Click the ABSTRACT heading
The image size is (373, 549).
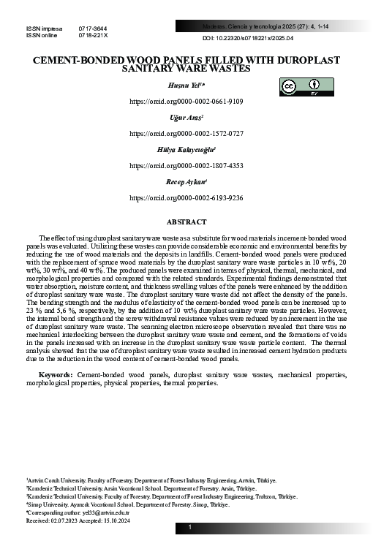point(186,221)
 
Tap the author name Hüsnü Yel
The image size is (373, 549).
point(186,86)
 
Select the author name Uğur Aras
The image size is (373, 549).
point(186,117)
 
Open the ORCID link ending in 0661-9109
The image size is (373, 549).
point(186,102)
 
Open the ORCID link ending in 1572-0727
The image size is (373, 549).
point(186,133)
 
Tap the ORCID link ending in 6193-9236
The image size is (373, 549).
point(186,197)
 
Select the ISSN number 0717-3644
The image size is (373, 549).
point(93,28)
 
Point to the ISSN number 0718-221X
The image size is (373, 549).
point(93,34)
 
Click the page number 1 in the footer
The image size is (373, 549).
point(189,527)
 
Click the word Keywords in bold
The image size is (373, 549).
point(55,374)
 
